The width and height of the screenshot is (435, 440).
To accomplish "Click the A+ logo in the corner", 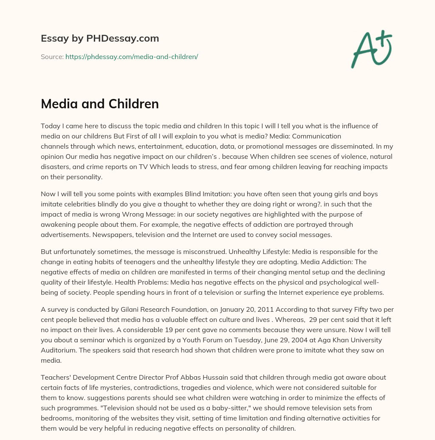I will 372,49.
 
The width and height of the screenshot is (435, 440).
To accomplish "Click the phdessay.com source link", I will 132,56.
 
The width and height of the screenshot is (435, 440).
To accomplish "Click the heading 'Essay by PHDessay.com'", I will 100,39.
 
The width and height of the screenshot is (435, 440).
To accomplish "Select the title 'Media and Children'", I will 100,104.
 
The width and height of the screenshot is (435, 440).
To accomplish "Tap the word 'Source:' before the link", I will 52,56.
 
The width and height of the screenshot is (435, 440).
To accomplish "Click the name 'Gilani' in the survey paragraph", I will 126,309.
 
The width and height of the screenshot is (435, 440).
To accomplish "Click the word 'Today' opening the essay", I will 50,126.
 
